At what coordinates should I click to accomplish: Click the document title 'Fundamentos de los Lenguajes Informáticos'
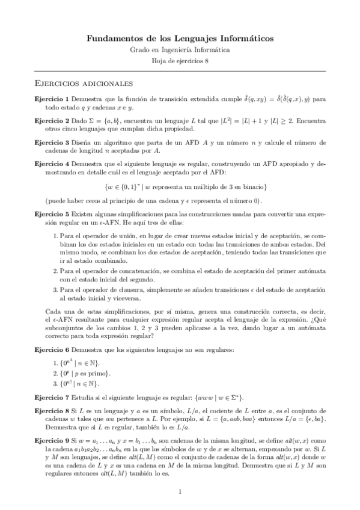tap(180, 38)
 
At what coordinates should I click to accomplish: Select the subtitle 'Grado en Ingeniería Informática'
tap(180, 51)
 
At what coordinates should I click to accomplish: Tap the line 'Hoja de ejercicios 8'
tap(180, 61)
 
